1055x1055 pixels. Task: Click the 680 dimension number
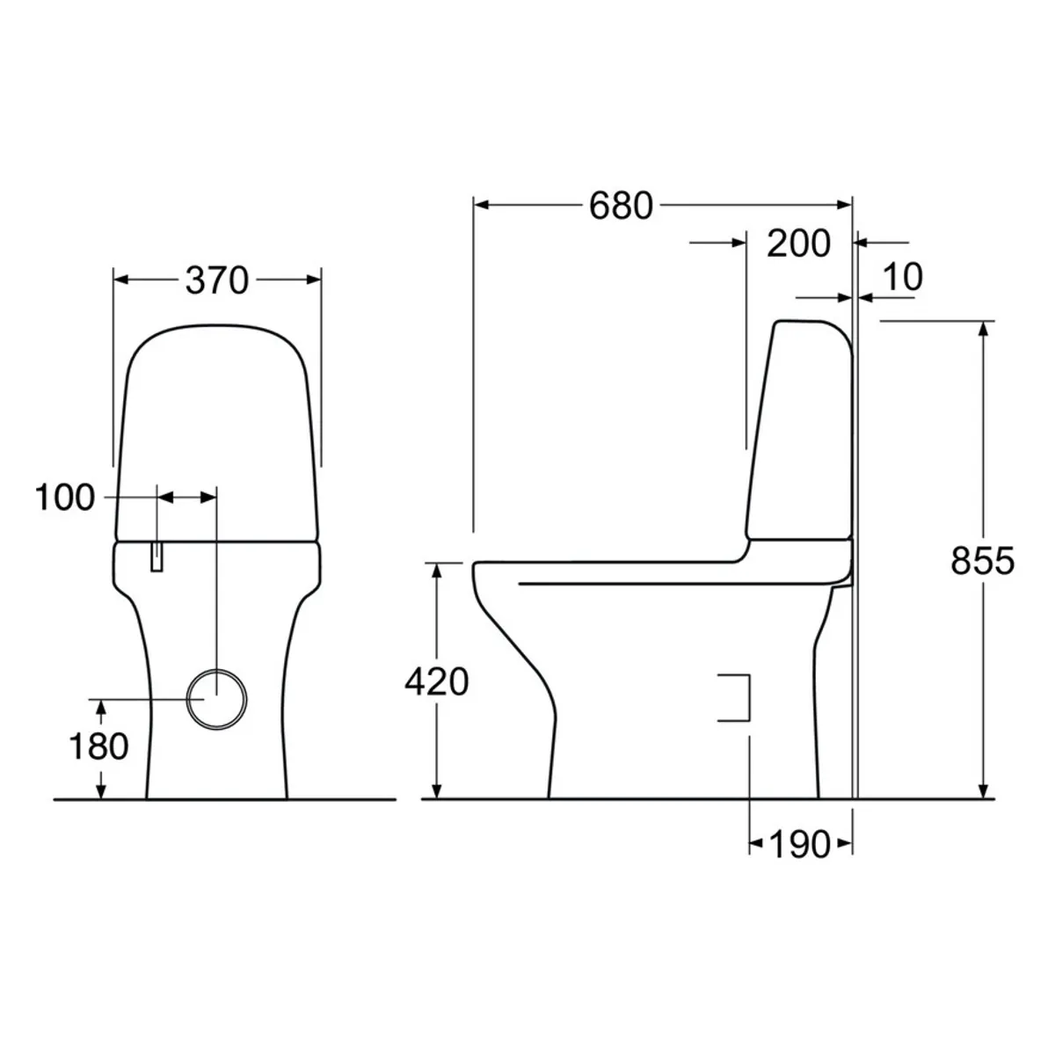pyautogui.click(x=621, y=206)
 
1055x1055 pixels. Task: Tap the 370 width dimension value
pyautogui.click(x=217, y=280)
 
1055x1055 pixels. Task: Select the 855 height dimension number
pyautogui.click(x=982, y=561)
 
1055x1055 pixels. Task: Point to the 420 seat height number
pyautogui.click(x=436, y=682)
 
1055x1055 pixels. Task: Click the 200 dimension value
pyautogui.click(x=798, y=244)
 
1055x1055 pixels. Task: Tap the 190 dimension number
pyautogui.click(x=799, y=845)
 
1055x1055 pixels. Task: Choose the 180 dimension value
pyautogui.click(x=98, y=746)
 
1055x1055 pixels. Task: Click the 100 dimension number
pyautogui.click(x=64, y=498)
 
